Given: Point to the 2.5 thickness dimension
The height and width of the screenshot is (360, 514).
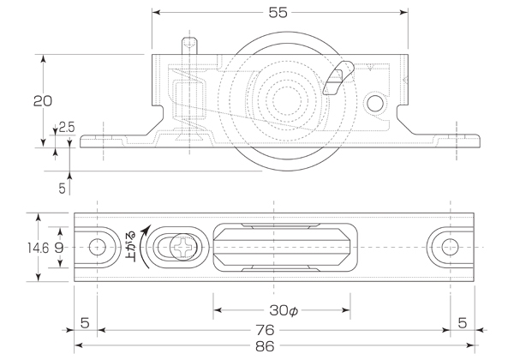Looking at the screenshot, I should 67,128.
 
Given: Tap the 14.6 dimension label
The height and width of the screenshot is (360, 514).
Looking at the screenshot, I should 37,248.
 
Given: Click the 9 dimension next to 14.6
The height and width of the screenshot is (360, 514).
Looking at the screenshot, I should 58,248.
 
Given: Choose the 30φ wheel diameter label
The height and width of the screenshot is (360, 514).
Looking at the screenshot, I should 282,309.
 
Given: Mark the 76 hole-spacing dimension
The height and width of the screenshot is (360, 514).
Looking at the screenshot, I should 272,330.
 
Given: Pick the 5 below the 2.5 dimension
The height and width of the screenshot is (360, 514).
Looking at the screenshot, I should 62,185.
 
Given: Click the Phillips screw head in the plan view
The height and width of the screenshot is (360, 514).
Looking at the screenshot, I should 182,248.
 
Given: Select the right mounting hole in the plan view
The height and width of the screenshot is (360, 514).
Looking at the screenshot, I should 448,248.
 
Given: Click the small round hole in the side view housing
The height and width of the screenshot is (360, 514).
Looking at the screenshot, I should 374,104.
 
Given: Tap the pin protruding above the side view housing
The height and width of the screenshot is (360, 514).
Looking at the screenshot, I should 189,44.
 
